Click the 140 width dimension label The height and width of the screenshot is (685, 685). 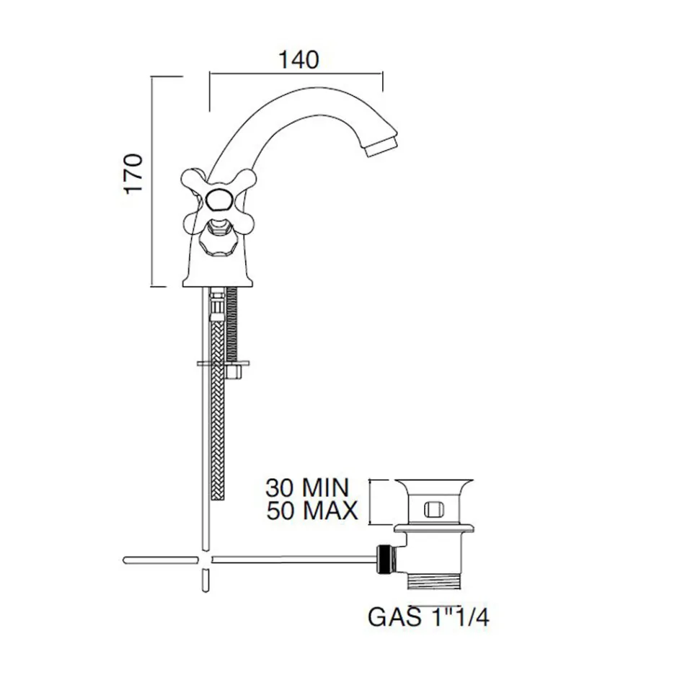pos(299,60)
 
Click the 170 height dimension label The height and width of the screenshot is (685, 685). pos(133,174)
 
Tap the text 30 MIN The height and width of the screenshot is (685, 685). pos(308,488)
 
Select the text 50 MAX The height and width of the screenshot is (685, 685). pos(312,511)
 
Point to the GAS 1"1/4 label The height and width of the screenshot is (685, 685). pos(428,617)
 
